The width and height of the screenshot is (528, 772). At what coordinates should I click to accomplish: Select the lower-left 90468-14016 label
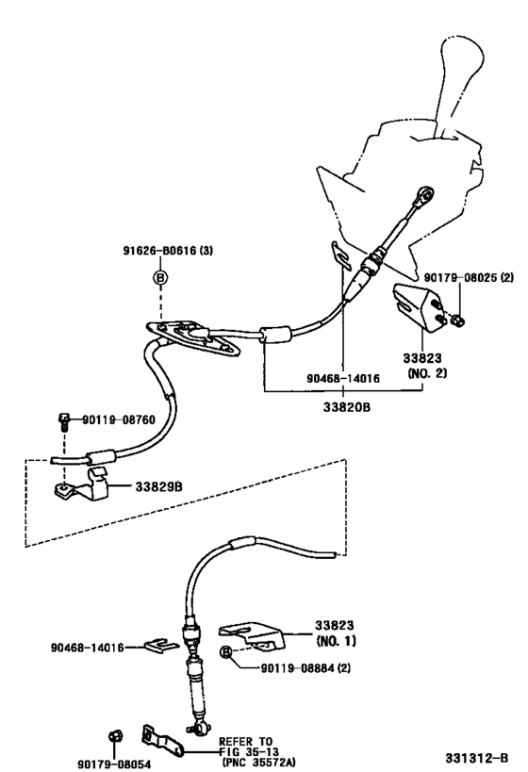pyautogui.click(x=87, y=648)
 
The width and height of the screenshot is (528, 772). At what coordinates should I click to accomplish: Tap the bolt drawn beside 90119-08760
pyautogui.click(x=62, y=419)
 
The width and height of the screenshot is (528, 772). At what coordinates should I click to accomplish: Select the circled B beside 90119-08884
pyautogui.click(x=226, y=652)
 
